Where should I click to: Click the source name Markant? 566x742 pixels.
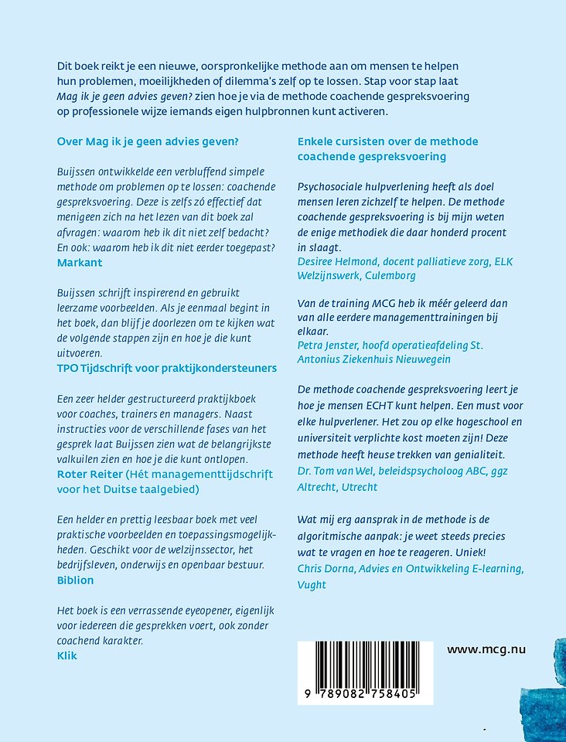click(80, 262)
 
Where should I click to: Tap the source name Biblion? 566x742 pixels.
click(76, 580)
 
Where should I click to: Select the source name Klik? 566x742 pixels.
click(68, 655)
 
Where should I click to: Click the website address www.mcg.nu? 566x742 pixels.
click(486, 649)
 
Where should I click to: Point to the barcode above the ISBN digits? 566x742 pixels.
click(357, 662)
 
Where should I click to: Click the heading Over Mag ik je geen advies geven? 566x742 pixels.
click(148, 141)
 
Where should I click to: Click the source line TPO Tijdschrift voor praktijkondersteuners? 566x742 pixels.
click(167, 368)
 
